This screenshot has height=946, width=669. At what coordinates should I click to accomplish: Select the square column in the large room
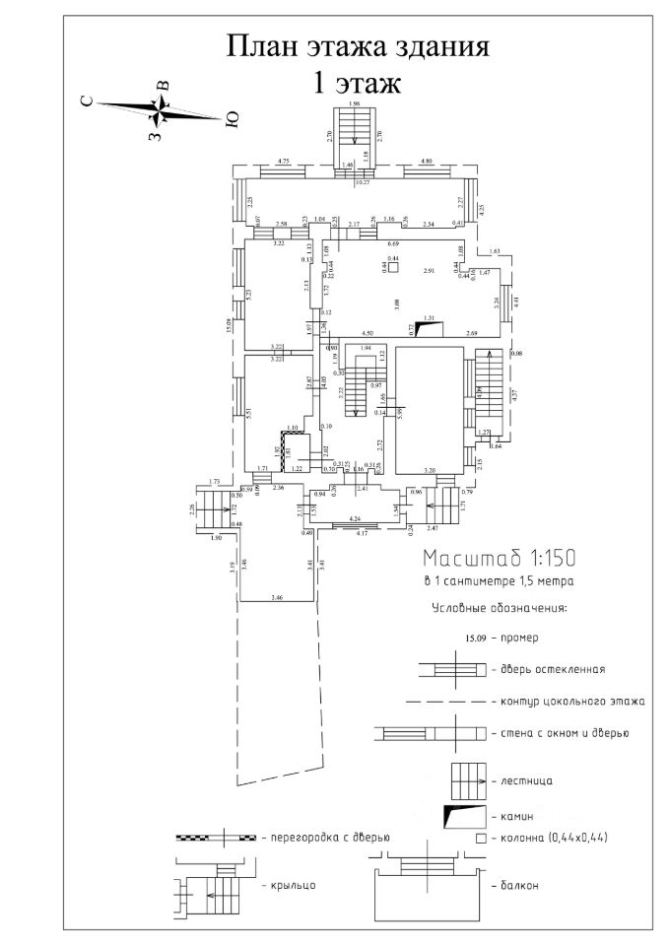[x=391, y=266]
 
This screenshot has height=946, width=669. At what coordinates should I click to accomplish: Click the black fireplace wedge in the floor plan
[x=426, y=328]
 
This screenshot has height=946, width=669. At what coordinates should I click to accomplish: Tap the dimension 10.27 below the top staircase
[x=362, y=183]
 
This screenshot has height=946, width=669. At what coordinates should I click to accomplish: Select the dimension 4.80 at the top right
[x=427, y=160]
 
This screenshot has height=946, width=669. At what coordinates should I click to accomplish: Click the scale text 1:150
[x=542, y=556]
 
